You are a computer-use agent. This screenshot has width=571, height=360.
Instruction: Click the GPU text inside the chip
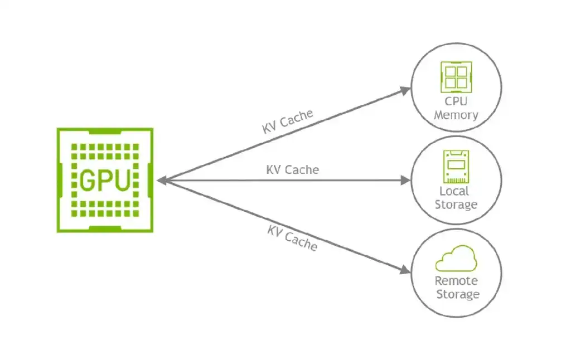(105, 180)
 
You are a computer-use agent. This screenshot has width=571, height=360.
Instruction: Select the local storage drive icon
(456, 167)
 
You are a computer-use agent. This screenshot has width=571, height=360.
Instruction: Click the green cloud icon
(456, 259)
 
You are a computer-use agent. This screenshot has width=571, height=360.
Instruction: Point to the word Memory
(456, 115)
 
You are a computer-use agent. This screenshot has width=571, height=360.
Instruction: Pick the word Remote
(456, 281)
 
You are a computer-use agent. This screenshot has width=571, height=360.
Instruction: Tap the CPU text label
(456, 102)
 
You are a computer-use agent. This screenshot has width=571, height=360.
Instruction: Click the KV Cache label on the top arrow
(288, 121)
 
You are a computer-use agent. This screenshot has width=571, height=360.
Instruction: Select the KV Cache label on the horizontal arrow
(292, 169)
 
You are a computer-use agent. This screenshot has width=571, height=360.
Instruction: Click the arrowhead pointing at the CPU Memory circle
(405, 91)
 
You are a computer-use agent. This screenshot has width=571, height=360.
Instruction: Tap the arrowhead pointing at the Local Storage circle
(405, 180)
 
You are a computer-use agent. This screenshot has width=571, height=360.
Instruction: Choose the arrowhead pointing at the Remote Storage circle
(405, 270)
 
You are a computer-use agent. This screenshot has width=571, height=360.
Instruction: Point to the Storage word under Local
(456, 205)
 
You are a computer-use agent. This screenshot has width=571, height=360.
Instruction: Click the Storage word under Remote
(457, 294)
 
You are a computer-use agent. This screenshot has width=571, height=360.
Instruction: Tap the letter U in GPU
(122, 180)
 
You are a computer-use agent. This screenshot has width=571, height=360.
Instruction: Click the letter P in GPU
(105, 180)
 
